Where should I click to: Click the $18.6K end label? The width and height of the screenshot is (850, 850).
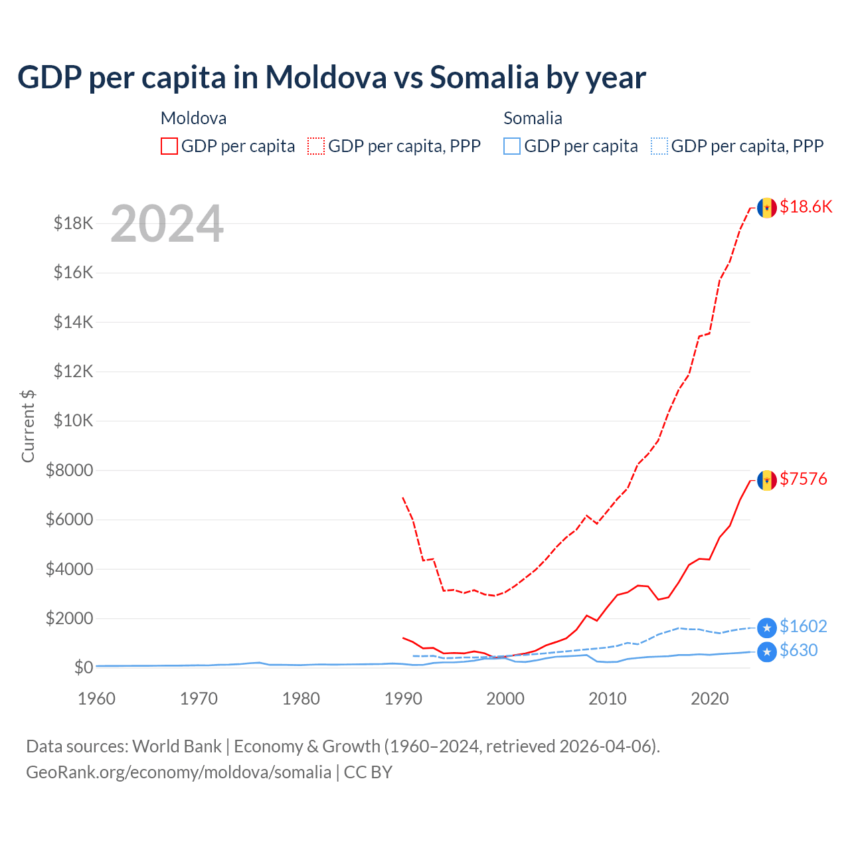pos(806,207)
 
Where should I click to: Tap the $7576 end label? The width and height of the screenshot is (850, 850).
pos(804,479)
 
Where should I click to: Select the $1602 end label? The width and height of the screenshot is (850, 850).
pos(803,626)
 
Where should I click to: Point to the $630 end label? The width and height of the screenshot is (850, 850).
pos(798,650)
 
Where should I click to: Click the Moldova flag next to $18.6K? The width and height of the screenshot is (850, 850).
pos(767,208)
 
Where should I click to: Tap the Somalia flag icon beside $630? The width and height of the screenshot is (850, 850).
pos(767,651)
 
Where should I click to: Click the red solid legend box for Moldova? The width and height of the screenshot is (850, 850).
pos(169,146)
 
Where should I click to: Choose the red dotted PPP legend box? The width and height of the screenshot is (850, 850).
pos(316,146)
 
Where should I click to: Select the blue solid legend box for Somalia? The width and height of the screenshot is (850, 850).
pos(512,146)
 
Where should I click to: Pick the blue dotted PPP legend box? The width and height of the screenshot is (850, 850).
pos(659,146)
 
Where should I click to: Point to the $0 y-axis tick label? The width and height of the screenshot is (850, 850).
pos(82,667)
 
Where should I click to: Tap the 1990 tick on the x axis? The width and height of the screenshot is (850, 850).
pos(404,699)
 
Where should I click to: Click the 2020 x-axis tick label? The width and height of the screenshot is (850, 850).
pos(710,699)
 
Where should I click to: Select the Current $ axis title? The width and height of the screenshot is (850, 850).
pos(28,426)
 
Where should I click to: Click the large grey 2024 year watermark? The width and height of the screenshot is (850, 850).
pos(167,224)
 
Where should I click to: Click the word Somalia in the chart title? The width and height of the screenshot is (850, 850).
pos(484,77)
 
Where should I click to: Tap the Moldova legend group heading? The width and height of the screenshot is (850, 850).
pos(193,118)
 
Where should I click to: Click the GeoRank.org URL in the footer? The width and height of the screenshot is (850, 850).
pos(179,772)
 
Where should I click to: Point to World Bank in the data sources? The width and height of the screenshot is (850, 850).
pos(177,746)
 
